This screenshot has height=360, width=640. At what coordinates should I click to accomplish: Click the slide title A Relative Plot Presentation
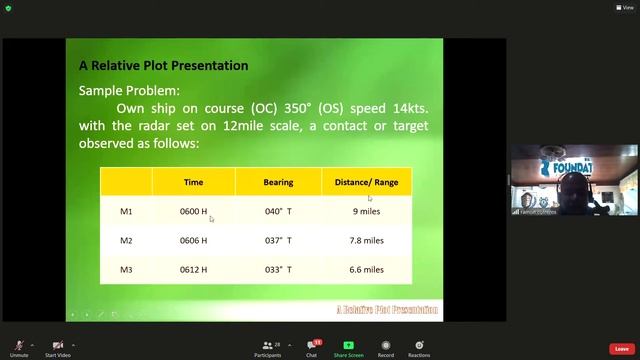(x=163, y=66)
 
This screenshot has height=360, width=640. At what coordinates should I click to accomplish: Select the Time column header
(x=193, y=182)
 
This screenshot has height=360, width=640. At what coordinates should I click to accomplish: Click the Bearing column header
(x=278, y=182)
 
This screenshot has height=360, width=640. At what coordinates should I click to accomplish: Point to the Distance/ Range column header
(x=366, y=182)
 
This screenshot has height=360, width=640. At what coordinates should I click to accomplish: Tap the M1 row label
(x=126, y=212)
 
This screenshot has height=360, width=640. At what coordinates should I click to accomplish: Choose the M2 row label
(x=126, y=241)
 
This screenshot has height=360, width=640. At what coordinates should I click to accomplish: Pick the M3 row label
(x=126, y=270)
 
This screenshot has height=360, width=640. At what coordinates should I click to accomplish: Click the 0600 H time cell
(x=193, y=212)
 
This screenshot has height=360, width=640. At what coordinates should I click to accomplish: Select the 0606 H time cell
(x=193, y=241)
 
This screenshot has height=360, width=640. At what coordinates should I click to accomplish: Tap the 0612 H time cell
(x=193, y=270)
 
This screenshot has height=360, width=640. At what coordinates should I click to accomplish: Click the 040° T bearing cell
(x=278, y=212)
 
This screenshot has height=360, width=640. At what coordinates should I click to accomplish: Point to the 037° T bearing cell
(x=278, y=241)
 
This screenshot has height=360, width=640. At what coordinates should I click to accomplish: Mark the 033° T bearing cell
(x=278, y=270)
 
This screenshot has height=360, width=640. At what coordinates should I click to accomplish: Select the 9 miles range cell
(x=366, y=212)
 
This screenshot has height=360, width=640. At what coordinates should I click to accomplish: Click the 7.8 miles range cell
(x=366, y=241)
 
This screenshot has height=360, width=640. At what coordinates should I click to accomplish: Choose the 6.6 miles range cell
(x=366, y=270)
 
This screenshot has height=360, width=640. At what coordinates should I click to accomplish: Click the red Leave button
(x=621, y=349)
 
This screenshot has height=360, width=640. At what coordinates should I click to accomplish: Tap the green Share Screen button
(x=348, y=348)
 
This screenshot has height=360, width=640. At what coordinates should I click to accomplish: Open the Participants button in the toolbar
(x=267, y=348)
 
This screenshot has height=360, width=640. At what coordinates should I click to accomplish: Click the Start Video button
(x=57, y=348)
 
